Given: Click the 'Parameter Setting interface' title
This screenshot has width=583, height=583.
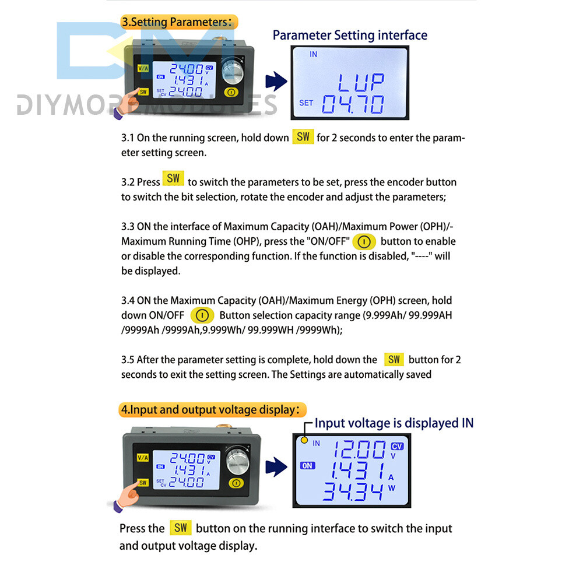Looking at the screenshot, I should point(350,35).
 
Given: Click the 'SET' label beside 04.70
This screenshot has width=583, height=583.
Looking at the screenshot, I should point(306,103).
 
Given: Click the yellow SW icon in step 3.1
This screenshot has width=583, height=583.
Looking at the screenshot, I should point(303,138).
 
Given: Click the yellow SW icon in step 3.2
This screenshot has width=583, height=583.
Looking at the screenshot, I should point(173,178).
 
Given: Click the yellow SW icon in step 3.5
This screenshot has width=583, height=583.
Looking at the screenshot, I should point(394,360).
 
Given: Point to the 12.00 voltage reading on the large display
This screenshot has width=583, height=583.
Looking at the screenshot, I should point(359,450).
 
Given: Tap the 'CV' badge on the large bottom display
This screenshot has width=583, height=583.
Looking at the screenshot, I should point(397,446).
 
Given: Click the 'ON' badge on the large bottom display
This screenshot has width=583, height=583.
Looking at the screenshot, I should point(307,465).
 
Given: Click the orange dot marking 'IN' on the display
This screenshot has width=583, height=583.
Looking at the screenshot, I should point(303,440).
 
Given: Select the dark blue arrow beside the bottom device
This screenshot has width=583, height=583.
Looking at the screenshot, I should point(276,466).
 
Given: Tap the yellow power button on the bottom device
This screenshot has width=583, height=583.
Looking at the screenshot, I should point(235,483).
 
